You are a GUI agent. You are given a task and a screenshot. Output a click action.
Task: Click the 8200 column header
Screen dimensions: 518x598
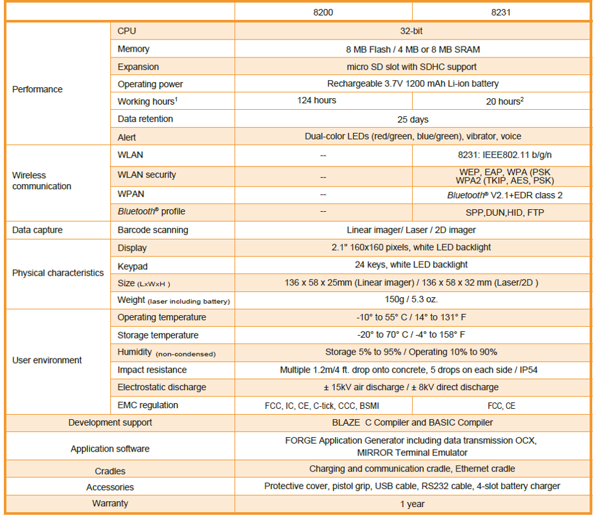pyautogui.click(x=323, y=12)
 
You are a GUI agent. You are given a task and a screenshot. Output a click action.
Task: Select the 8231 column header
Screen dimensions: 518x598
pyautogui.click(x=500, y=12)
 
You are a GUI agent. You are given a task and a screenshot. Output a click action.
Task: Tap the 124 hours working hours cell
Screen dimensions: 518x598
pyautogui.click(x=316, y=101)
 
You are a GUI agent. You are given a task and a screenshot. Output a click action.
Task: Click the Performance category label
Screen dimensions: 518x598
pyautogui.click(x=37, y=89)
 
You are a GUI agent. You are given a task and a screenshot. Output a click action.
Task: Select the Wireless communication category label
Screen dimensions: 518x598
pyautogui.click(x=41, y=181)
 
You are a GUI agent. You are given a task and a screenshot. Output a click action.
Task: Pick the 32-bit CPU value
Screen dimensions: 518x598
pyautogui.click(x=412, y=31)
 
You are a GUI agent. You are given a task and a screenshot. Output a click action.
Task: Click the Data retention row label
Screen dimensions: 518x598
pyautogui.click(x=145, y=119)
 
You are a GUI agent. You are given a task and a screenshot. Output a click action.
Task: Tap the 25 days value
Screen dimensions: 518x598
pyautogui.click(x=412, y=119)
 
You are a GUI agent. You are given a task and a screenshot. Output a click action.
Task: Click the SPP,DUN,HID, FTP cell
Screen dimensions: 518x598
pyautogui.click(x=501, y=212)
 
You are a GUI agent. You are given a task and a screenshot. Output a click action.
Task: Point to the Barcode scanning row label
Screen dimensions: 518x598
pyautogui.click(x=153, y=230)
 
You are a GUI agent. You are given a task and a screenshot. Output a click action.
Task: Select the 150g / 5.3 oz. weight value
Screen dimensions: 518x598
pyautogui.click(x=412, y=300)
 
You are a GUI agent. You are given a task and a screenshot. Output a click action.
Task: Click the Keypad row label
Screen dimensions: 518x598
pyautogui.click(x=132, y=265)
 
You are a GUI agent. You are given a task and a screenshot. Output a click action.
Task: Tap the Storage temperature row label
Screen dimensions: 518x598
pyautogui.click(x=158, y=335)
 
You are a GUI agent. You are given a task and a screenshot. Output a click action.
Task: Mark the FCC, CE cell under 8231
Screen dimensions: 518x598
pyautogui.click(x=501, y=406)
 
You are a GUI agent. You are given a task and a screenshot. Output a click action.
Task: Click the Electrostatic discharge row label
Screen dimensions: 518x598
pyautogui.click(x=162, y=388)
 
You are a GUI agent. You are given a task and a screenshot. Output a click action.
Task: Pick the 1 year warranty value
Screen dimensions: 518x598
pyautogui.click(x=412, y=504)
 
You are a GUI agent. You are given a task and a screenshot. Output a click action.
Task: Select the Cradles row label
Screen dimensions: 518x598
pyautogui.click(x=110, y=471)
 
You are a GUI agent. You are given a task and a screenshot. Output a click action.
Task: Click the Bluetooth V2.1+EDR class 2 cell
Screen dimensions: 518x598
pyautogui.click(x=501, y=194)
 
